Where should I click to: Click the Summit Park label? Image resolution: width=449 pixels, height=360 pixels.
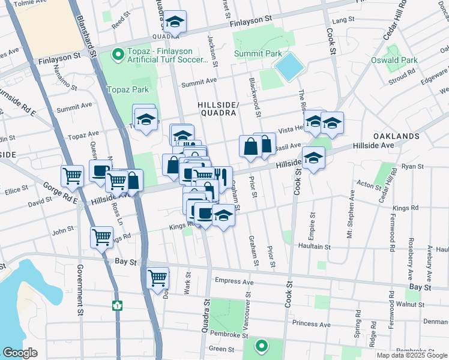point(258,54)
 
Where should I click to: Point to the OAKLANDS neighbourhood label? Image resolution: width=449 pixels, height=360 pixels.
point(396,136)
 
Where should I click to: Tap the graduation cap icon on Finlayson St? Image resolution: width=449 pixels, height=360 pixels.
point(175,22)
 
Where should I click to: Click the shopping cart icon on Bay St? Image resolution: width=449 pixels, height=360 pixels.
point(157,277)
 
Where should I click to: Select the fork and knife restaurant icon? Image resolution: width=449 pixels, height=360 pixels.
point(221,176)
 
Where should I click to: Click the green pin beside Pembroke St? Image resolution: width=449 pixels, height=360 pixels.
point(261,346)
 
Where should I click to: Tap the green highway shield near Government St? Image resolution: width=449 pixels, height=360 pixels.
point(117,305)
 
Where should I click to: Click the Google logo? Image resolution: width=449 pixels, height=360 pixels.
point(20,353)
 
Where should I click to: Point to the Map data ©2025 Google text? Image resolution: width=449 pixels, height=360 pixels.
point(411,355)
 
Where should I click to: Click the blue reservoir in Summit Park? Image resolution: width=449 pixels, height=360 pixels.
point(290,67)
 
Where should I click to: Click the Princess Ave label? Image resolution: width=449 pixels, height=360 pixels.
point(311,324)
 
